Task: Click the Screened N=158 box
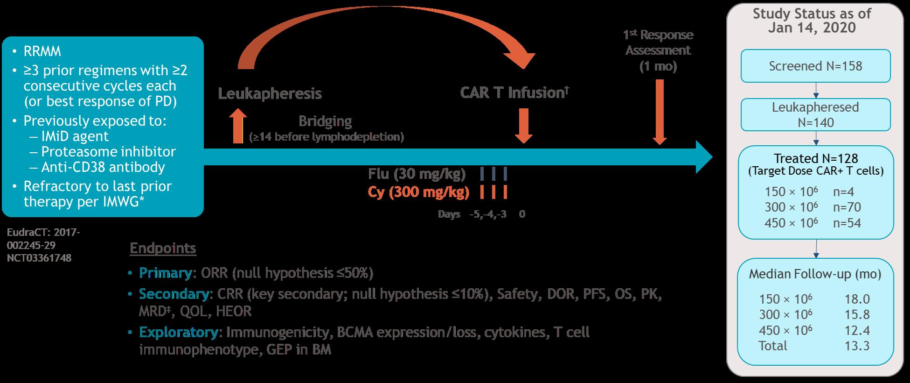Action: coord(815,66)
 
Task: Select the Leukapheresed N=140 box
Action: coord(815,114)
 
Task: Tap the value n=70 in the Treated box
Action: coord(847,207)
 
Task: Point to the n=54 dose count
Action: coord(847,223)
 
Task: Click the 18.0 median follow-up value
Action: coord(857,299)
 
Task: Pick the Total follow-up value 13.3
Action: coord(857,346)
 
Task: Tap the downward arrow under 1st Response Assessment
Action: coord(660,112)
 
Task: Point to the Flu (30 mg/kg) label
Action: coord(417,174)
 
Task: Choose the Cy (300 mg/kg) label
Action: coord(418,192)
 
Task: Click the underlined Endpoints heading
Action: coord(163,248)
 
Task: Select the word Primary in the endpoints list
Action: coord(165,273)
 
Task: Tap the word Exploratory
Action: coord(178,333)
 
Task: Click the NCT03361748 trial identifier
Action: coord(39,258)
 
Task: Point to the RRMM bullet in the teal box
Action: coord(42,51)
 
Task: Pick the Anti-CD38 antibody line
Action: coord(103,167)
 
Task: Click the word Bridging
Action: coord(325,121)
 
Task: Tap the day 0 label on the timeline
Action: coord(522,214)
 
